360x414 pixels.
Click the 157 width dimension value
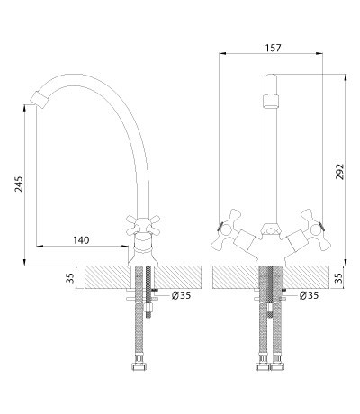point(274,48)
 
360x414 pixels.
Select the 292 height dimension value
point(339,172)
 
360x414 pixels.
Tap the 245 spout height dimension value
point(19,184)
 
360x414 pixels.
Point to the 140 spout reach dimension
point(81,240)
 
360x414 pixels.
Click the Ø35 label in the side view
point(181,295)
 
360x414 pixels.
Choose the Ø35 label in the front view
point(309,295)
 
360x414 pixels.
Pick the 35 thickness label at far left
point(70,278)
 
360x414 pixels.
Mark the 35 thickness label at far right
point(338,278)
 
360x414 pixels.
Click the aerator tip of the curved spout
point(40,98)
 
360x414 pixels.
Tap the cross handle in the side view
point(143,226)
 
